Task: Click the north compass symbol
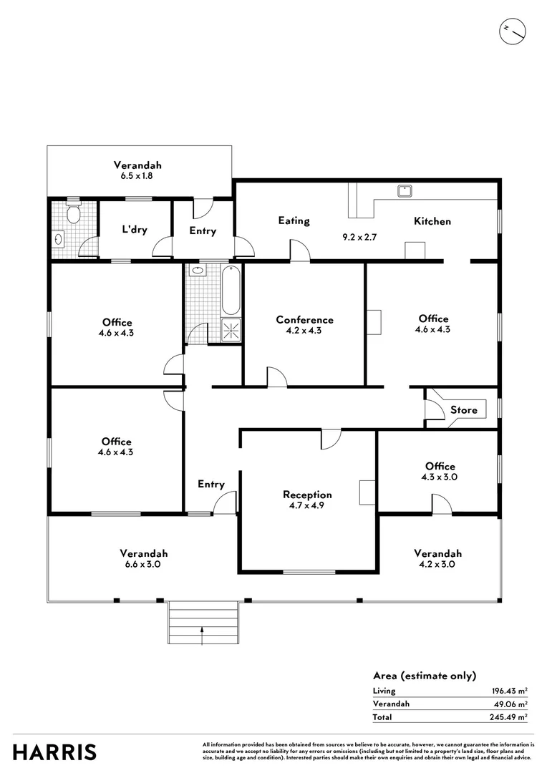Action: (513, 30)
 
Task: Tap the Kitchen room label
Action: (432, 221)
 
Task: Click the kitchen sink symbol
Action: (405, 190)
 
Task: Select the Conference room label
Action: (305, 320)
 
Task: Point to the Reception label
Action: (307, 495)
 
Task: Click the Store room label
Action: (463, 410)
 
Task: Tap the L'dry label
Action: (134, 230)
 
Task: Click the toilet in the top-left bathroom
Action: (72, 213)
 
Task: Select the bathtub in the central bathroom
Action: (231, 291)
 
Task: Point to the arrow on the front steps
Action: (203, 629)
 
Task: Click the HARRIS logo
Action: (55, 752)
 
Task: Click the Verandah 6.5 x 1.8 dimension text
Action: (137, 175)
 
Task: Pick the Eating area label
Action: (294, 220)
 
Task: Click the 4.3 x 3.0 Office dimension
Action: (440, 477)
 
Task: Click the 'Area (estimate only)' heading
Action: (424, 676)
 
